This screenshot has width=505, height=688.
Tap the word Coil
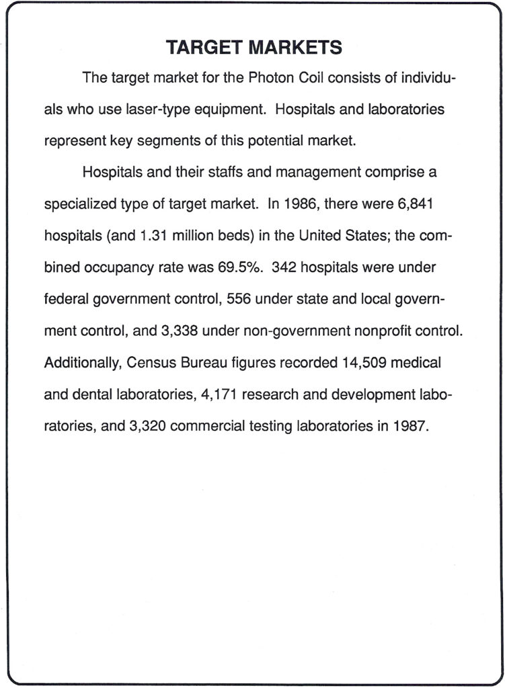click(308, 78)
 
